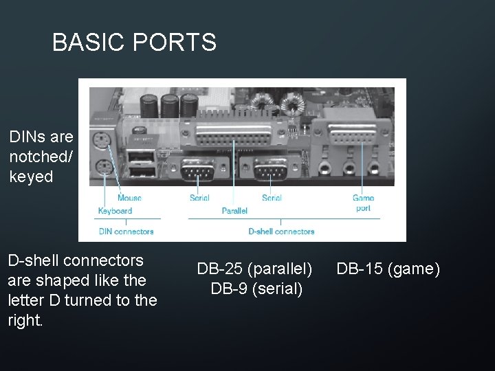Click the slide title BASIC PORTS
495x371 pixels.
click(x=134, y=43)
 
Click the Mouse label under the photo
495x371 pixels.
click(x=129, y=199)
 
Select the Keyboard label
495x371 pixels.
click(x=115, y=211)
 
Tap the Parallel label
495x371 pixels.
click(x=234, y=211)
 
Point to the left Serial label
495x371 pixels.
click(x=199, y=199)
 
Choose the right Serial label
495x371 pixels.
click(x=272, y=199)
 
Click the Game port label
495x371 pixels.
click(x=363, y=203)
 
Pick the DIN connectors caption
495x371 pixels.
click(x=126, y=232)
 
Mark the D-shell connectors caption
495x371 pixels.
click(x=281, y=232)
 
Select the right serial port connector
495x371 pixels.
click(x=270, y=169)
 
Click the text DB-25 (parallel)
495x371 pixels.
click(x=255, y=269)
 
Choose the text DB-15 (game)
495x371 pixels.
click(x=388, y=269)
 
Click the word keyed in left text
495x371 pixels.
click(x=31, y=177)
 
